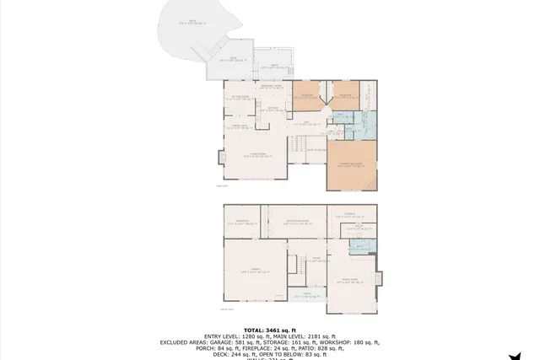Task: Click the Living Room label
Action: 254,155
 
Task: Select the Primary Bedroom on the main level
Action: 350,165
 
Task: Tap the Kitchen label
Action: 272,109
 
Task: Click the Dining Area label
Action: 240,127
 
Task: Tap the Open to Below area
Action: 316,149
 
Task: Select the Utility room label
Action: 358,228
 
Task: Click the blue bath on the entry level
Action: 358,247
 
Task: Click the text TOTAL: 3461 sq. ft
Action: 269,330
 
